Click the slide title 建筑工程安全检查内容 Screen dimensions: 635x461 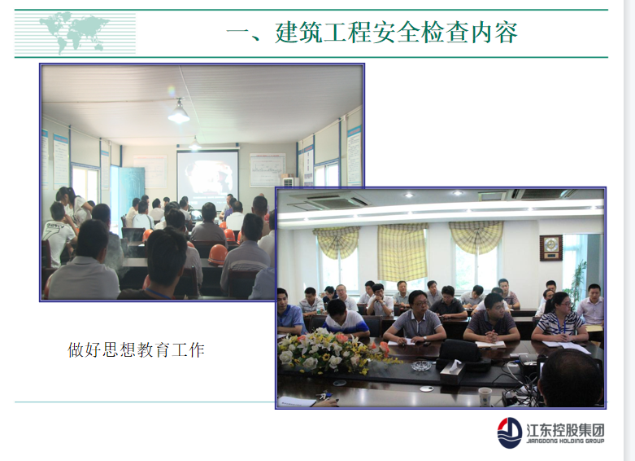coord(397,33)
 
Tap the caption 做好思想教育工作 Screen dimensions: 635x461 coord(136,349)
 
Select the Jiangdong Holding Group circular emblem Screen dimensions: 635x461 coord(510,433)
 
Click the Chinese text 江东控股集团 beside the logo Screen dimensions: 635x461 coord(565,430)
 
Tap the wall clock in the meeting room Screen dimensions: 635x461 coord(550,248)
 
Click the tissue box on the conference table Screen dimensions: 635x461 coord(453,371)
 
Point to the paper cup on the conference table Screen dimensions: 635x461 coord(485,397)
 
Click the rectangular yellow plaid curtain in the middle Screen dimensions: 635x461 coord(402,252)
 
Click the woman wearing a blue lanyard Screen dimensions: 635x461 coord(559,318)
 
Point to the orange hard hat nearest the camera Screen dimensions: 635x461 coord(218,254)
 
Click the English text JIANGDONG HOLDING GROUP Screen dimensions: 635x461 coord(565,441)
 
